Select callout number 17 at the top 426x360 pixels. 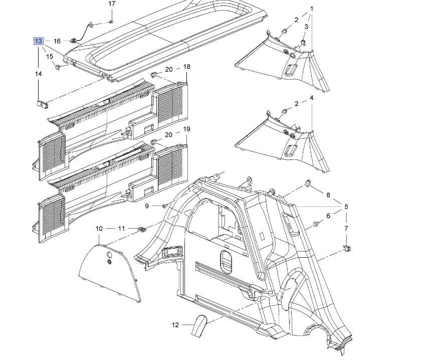pos(112,4)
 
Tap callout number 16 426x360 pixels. pos(57,41)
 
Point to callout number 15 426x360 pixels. pos(50,57)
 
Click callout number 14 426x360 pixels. pos(39,74)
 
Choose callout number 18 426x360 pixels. pos(186,67)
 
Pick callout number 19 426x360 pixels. pos(186,129)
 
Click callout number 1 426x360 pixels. pos(311,9)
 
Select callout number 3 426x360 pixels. pos(306,26)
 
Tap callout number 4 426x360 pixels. pos(311,98)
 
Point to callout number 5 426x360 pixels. pos(346,207)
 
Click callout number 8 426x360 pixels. pos(328,195)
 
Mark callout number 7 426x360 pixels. pos(346,229)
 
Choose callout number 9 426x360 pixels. pos(147,206)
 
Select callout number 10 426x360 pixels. pos(99,229)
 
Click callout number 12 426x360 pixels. pos(175,325)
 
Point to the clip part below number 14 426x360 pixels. pos(42,104)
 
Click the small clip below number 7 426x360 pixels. pos(346,248)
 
